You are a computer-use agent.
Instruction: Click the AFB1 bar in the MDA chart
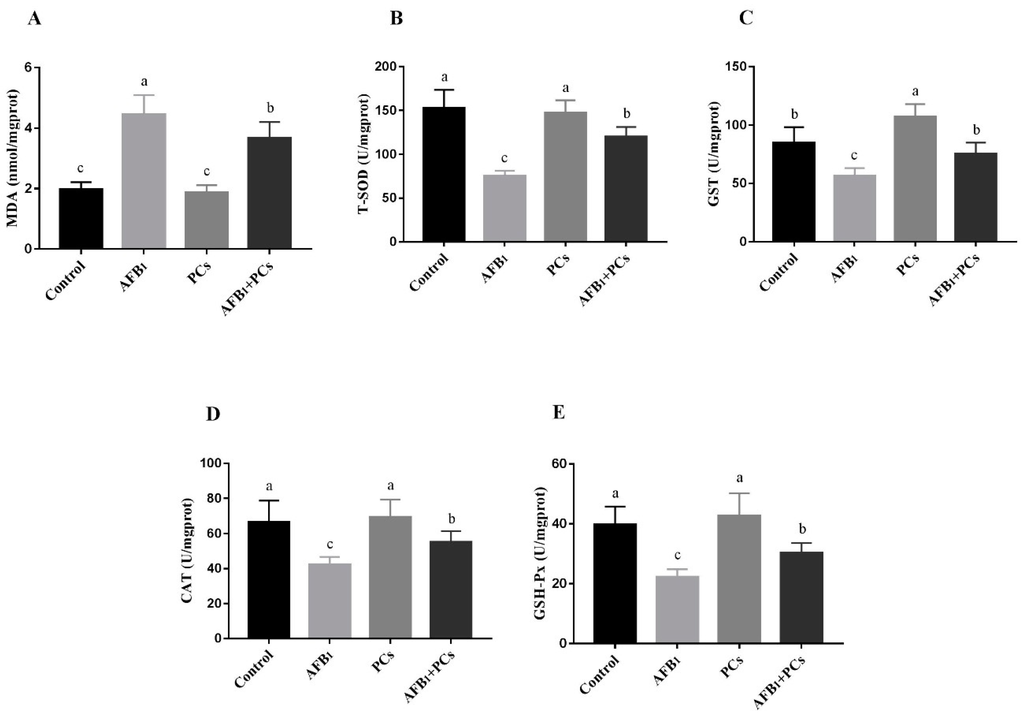pos(144,180)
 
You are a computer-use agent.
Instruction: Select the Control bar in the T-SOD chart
pos(444,174)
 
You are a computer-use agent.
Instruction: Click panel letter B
pos(396,18)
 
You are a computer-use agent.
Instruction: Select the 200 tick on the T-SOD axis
pos(388,67)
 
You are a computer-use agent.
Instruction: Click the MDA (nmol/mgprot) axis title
pos(13,158)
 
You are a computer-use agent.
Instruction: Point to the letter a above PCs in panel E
pos(739,479)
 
